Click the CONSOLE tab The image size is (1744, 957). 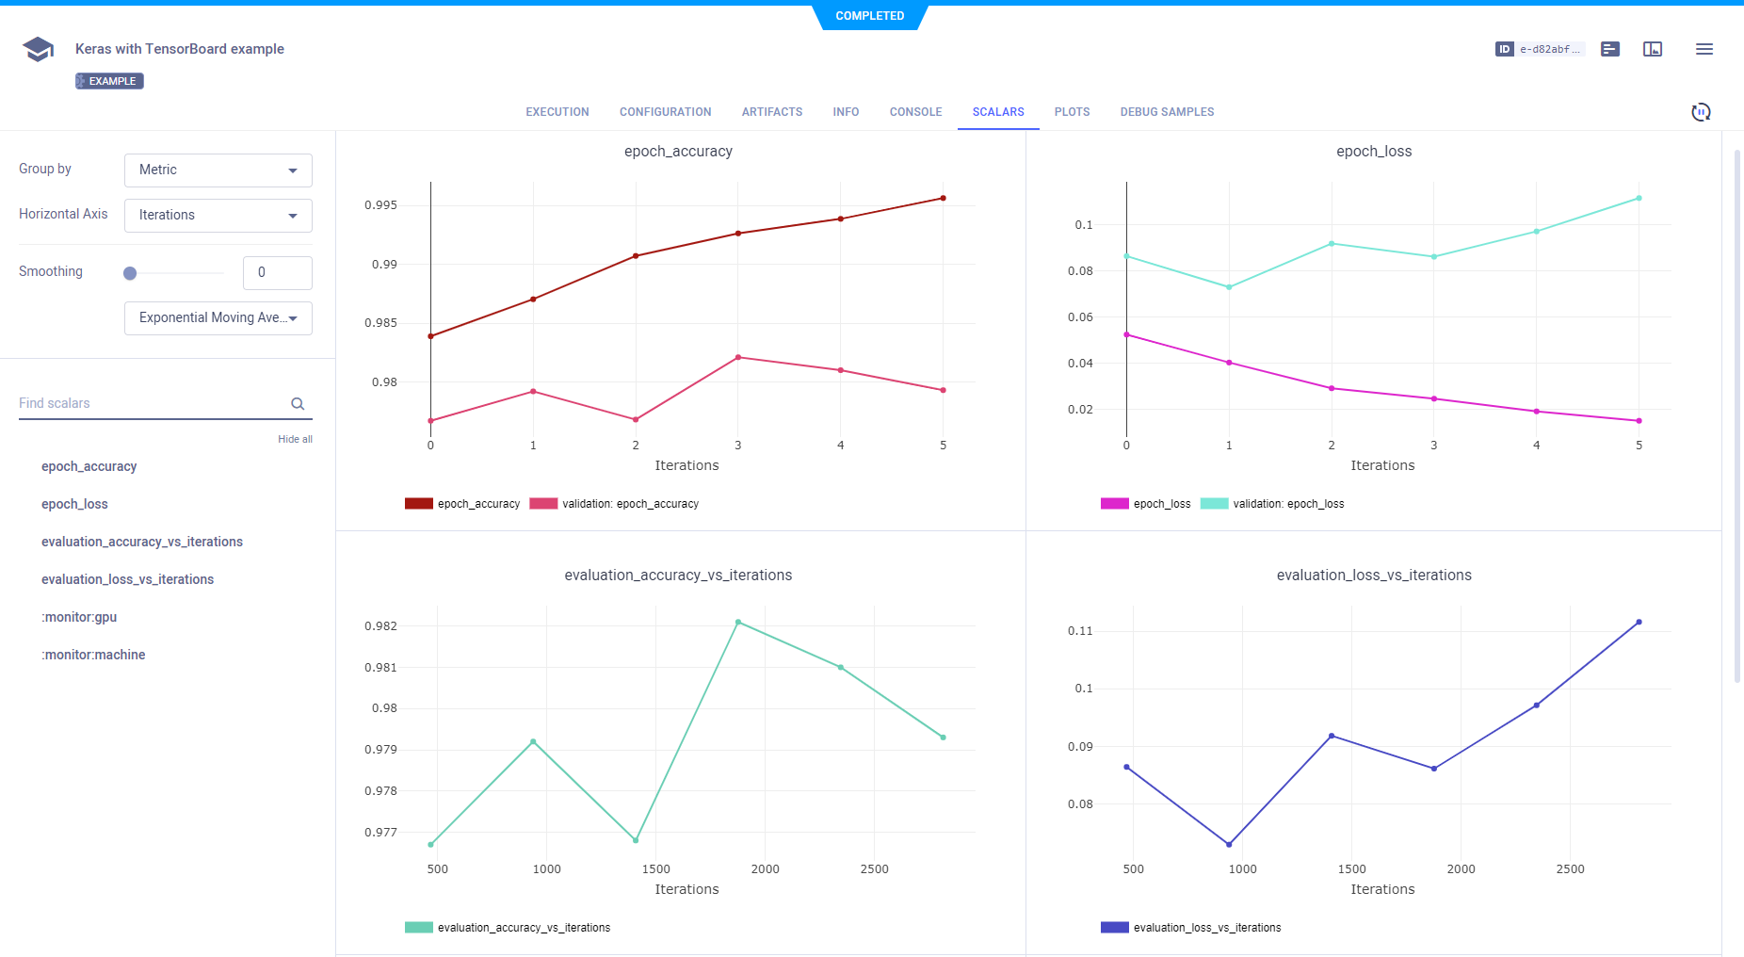coord(915,112)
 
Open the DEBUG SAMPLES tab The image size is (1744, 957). coord(1167,112)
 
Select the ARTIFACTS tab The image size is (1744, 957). coord(772,112)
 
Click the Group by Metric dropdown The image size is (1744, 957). coord(218,170)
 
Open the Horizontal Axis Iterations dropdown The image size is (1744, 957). coord(218,216)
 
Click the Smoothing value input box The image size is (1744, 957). coord(277,273)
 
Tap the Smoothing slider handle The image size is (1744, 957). coord(130,273)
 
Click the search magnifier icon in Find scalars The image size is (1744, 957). coord(298,404)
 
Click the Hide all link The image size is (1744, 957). coord(295,439)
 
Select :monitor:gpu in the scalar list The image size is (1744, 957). coord(79,617)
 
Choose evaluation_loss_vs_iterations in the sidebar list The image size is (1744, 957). coord(127,579)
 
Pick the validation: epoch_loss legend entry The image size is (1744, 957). coord(1288,504)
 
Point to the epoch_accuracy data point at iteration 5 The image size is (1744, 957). coord(943,199)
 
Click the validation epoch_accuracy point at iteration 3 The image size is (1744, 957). coord(738,358)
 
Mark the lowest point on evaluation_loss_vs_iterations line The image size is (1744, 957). coord(1229,844)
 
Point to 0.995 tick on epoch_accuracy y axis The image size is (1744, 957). coord(381,205)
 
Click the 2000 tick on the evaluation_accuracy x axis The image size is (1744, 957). coord(765,869)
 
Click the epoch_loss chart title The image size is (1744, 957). coord(1374,152)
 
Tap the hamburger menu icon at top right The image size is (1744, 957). coord(1704,49)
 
